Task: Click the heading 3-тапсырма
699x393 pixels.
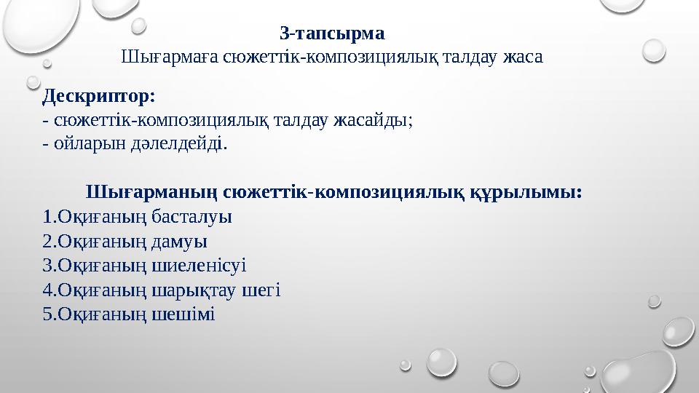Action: click(332, 33)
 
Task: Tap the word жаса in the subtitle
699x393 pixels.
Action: click(522, 56)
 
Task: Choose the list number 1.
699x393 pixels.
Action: click(47, 217)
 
